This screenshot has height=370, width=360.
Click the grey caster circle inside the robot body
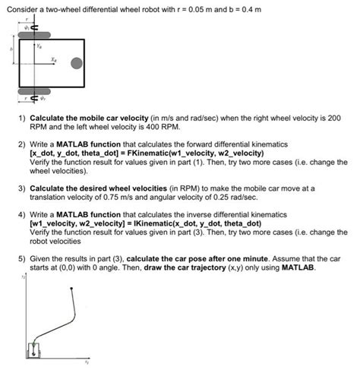(x=77, y=63)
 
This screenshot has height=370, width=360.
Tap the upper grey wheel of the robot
(x=34, y=35)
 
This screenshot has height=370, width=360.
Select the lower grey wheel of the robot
(x=34, y=91)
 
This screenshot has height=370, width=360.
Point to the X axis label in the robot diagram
(x=54, y=60)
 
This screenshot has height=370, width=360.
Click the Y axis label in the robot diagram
(x=39, y=46)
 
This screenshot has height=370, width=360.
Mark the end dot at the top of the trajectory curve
(x=71, y=288)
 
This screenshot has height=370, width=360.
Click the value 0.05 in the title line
(x=196, y=10)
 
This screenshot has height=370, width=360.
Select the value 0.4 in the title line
(x=248, y=10)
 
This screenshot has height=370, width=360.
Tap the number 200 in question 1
(x=334, y=118)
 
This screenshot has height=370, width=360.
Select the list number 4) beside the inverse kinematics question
(x=22, y=215)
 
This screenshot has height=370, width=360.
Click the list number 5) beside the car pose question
(x=22, y=259)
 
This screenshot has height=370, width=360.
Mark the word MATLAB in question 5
(x=298, y=267)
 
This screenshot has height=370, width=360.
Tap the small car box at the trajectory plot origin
(x=33, y=350)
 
